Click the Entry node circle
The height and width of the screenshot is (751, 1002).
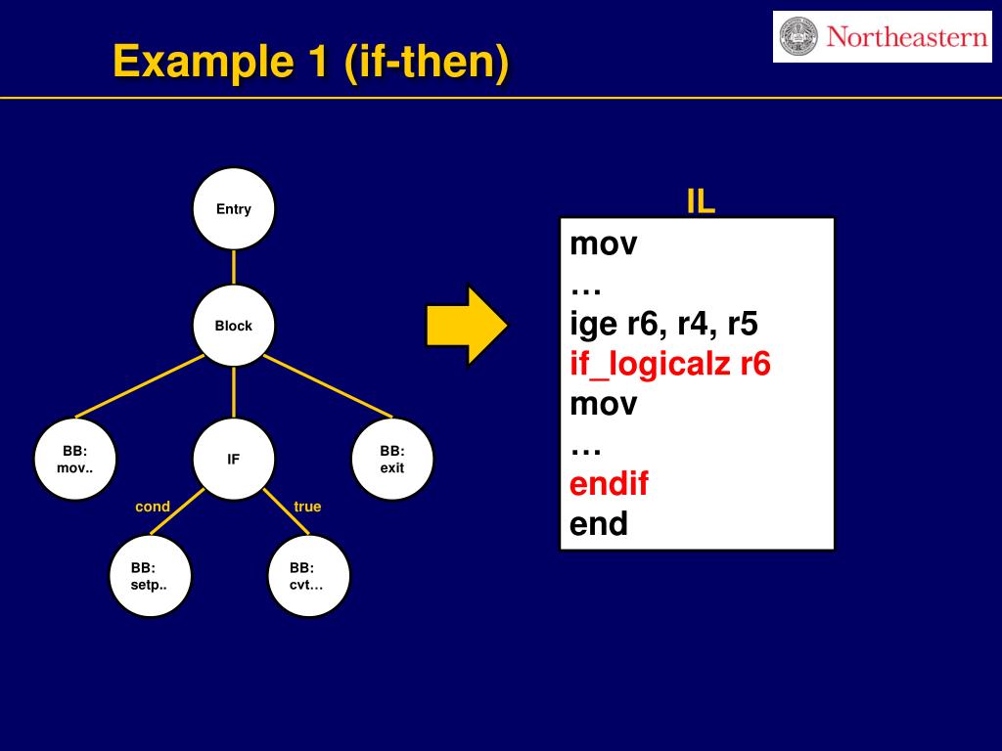click(234, 208)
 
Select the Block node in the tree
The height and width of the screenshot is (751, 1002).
click(234, 326)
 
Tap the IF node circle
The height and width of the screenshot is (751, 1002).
click(234, 459)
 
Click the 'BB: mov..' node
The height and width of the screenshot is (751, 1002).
click(75, 459)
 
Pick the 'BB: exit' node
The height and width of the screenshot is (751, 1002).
click(392, 459)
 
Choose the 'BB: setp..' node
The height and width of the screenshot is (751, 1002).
click(150, 576)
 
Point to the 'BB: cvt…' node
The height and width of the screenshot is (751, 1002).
click(308, 576)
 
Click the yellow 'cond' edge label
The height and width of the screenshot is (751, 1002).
click(153, 507)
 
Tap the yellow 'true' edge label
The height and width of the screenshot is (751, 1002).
click(307, 507)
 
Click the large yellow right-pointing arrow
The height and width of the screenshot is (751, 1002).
click(466, 326)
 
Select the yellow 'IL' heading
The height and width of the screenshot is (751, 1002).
click(701, 201)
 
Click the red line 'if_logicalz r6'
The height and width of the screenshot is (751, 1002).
click(670, 365)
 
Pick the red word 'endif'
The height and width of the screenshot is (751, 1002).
click(609, 484)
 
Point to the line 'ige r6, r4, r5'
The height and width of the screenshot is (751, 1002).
click(663, 324)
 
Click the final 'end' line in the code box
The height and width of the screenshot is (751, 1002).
click(599, 524)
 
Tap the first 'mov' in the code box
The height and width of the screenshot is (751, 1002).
click(604, 243)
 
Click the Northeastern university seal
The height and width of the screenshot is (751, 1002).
click(798, 37)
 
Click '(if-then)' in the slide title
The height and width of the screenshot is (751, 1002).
click(427, 63)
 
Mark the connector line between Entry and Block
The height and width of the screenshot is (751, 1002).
click(234, 267)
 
